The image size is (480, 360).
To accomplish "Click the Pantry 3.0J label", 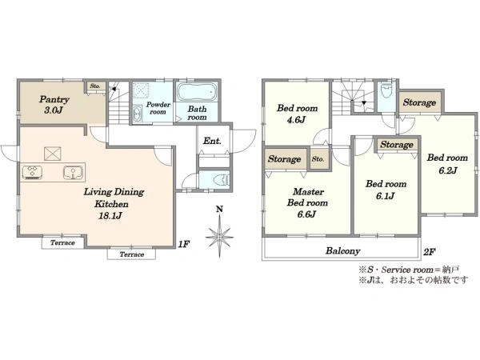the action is pyautogui.click(x=54, y=105).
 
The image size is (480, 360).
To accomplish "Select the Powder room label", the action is pyautogui.click(x=158, y=108).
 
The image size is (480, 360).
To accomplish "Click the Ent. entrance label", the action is pyautogui.click(x=212, y=141).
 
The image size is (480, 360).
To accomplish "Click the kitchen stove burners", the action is pyautogui.click(x=32, y=172).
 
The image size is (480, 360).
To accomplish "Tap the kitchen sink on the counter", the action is pyautogui.click(x=73, y=172).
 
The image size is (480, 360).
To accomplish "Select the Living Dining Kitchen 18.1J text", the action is pyautogui.click(x=113, y=203).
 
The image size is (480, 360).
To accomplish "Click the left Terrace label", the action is pyautogui.click(x=62, y=242).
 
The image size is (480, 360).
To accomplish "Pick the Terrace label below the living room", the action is pyautogui.click(x=132, y=254).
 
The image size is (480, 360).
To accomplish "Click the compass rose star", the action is pyautogui.click(x=219, y=237).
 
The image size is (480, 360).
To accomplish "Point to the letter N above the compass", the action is pyautogui.click(x=219, y=210).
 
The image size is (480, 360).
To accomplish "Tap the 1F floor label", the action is pyautogui.click(x=184, y=244).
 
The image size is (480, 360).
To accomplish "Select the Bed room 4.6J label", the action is pyautogui.click(x=297, y=114).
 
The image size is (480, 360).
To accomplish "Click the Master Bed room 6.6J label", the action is pyautogui.click(x=307, y=202).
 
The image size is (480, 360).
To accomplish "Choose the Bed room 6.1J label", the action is pyautogui.click(x=386, y=190).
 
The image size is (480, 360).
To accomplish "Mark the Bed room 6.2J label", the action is pyautogui.click(x=447, y=164).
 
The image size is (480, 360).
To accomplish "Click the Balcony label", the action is pyautogui.click(x=343, y=251).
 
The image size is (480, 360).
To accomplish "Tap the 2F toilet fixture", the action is pyautogui.click(x=386, y=90).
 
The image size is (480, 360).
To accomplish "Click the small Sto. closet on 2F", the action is pyautogui.click(x=318, y=159).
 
